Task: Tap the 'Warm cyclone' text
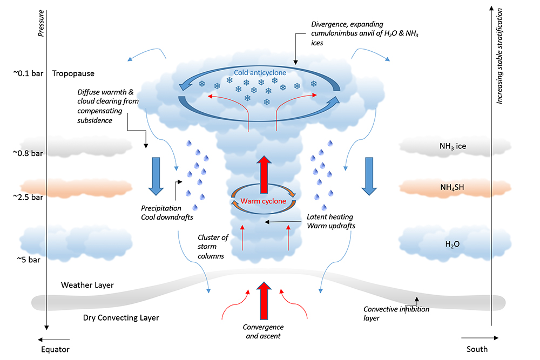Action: [263, 201]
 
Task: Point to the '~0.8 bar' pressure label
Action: [28, 153]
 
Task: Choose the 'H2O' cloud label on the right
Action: [453, 244]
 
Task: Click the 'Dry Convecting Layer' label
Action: [121, 318]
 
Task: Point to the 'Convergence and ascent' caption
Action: [263, 331]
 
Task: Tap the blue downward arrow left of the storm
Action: [156, 175]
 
